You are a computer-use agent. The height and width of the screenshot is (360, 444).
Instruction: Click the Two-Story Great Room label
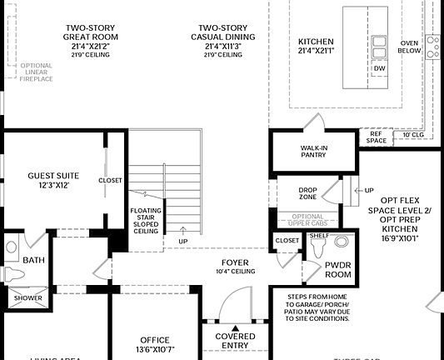click(x=92, y=37)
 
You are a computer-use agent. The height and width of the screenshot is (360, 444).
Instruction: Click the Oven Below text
click(x=409, y=47)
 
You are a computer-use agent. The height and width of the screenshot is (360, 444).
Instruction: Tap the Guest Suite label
click(x=53, y=180)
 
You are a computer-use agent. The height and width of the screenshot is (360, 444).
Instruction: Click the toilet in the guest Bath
click(x=12, y=248)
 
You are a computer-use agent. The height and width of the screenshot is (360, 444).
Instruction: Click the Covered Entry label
click(x=235, y=340)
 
